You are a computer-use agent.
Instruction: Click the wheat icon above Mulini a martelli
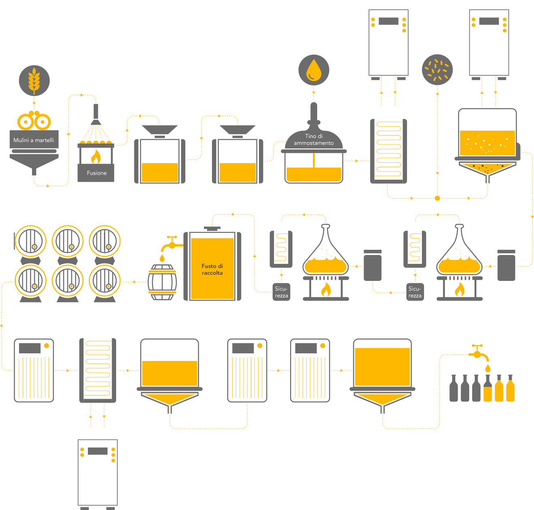coord(34,80)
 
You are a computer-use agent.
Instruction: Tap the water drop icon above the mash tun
coord(314,70)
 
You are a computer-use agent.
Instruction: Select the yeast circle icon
coord(437,70)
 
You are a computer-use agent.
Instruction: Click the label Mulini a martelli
coord(34,140)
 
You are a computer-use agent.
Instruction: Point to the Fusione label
coord(97,173)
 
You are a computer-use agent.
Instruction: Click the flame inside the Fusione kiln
coord(96,157)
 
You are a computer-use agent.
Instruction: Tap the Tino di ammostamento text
coord(314,140)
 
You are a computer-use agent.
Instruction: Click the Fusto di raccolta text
coord(212,269)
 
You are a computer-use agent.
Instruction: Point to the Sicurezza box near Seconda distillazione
coord(281,292)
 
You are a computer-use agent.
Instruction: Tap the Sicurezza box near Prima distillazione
coord(415,292)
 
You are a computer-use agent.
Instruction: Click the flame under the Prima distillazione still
coord(460,289)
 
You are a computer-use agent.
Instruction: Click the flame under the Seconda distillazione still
coord(326,289)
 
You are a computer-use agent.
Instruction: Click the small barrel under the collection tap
coord(162,282)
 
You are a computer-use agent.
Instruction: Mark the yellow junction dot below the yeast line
coord(437,198)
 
